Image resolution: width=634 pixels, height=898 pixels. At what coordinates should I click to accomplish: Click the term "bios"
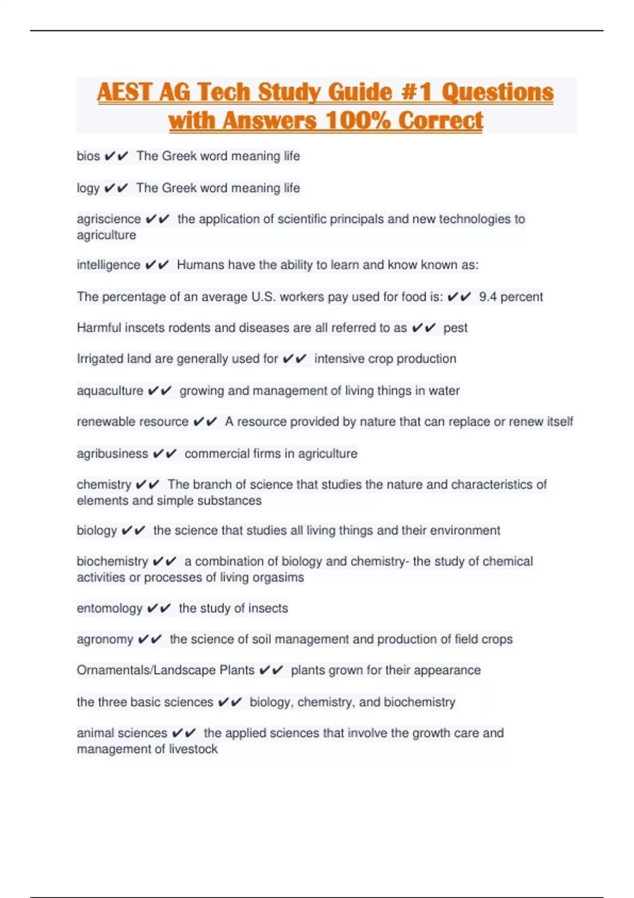[x=88, y=156]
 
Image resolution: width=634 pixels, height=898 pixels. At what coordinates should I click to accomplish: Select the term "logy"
[x=88, y=188]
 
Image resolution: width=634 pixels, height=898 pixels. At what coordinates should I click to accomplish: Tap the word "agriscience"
[x=109, y=219]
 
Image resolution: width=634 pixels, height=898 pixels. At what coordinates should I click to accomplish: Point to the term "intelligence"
[x=108, y=265]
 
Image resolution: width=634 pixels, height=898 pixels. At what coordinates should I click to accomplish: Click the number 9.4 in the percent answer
[x=488, y=297]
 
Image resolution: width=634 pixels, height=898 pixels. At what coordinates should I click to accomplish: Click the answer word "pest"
[x=455, y=328]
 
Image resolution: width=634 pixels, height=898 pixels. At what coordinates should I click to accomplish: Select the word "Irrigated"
[x=100, y=359]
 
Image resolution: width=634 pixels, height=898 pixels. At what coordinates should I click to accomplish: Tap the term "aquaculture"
[x=110, y=391]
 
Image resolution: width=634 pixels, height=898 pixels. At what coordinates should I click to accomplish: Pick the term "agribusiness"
[x=113, y=454]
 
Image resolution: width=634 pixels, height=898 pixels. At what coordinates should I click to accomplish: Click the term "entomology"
[x=109, y=609]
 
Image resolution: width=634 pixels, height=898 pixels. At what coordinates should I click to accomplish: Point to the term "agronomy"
[x=105, y=639]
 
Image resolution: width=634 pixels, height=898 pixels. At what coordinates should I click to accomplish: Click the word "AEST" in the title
[x=125, y=92]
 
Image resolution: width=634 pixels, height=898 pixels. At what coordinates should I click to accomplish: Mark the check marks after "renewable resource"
[x=206, y=422]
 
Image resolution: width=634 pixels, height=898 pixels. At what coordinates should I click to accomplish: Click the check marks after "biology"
[x=133, y=530]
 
